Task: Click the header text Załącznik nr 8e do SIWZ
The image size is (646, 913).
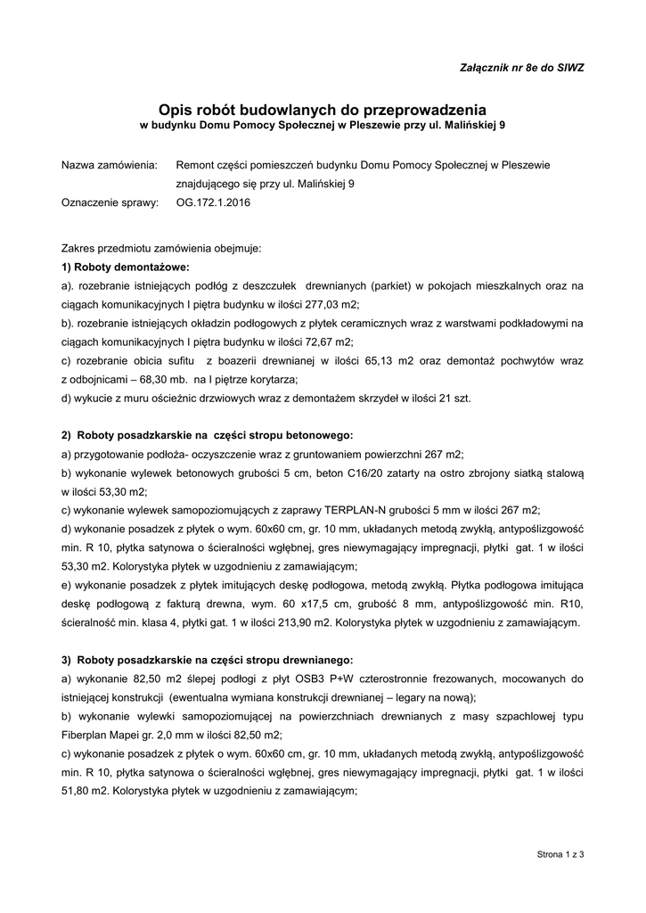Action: coord(521,68)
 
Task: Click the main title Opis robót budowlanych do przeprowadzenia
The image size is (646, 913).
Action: coord(323,108)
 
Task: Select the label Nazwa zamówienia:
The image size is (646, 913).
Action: coord(109,166)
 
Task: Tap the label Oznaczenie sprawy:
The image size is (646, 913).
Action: coord(109,202)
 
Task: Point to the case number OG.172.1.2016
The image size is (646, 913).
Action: coord(214,202)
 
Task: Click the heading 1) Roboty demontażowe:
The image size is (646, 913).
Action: coord(126,267)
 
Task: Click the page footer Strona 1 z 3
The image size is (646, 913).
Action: coord(560,855)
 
